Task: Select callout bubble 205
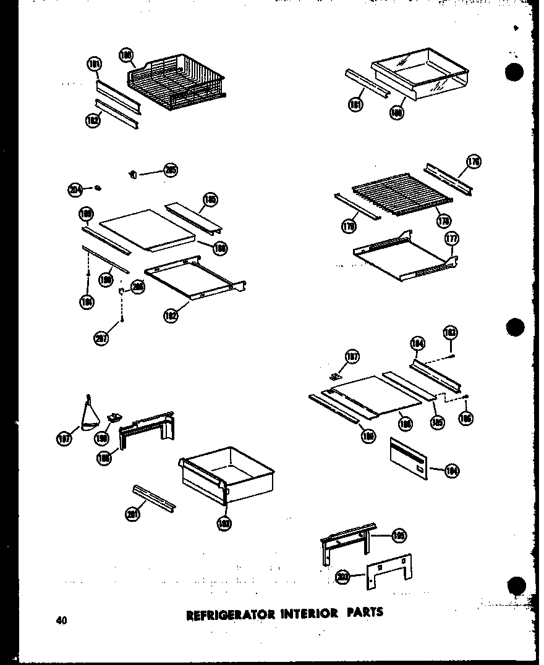tap(171, 170)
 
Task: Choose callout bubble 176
tap(473, 162)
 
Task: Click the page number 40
tap(61, 620)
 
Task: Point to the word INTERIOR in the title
tap(308, 613)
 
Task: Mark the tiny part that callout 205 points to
tap(132, 174)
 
